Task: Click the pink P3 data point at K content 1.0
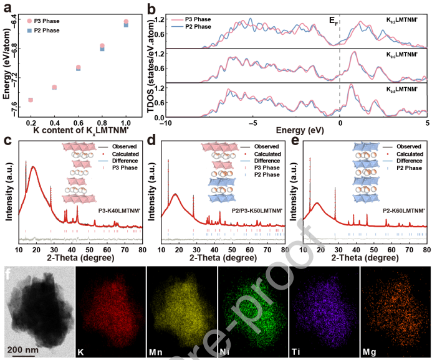tap(126, 22)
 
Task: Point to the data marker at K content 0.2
tap(31, 100)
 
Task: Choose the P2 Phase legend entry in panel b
tap(197, 27)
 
